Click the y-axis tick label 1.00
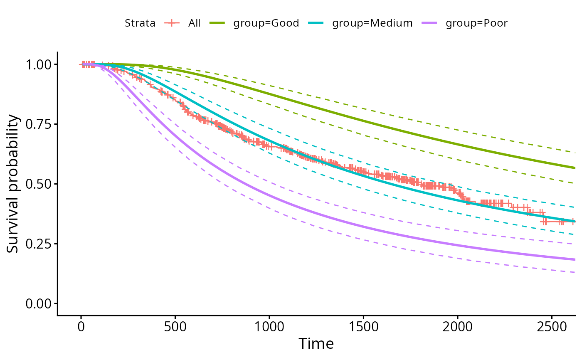(39, 65)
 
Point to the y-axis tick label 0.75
(39, 124)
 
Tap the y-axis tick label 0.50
(39, 184)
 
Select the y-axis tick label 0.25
(39, 244)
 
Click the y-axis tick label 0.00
(39, 304)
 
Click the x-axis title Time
(316, 344)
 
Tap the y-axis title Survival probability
(13, 184)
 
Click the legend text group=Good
(266, 23)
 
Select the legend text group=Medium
(372, 23)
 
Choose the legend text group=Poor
(476, 23)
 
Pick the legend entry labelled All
(194, 23)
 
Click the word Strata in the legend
(140, 23)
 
